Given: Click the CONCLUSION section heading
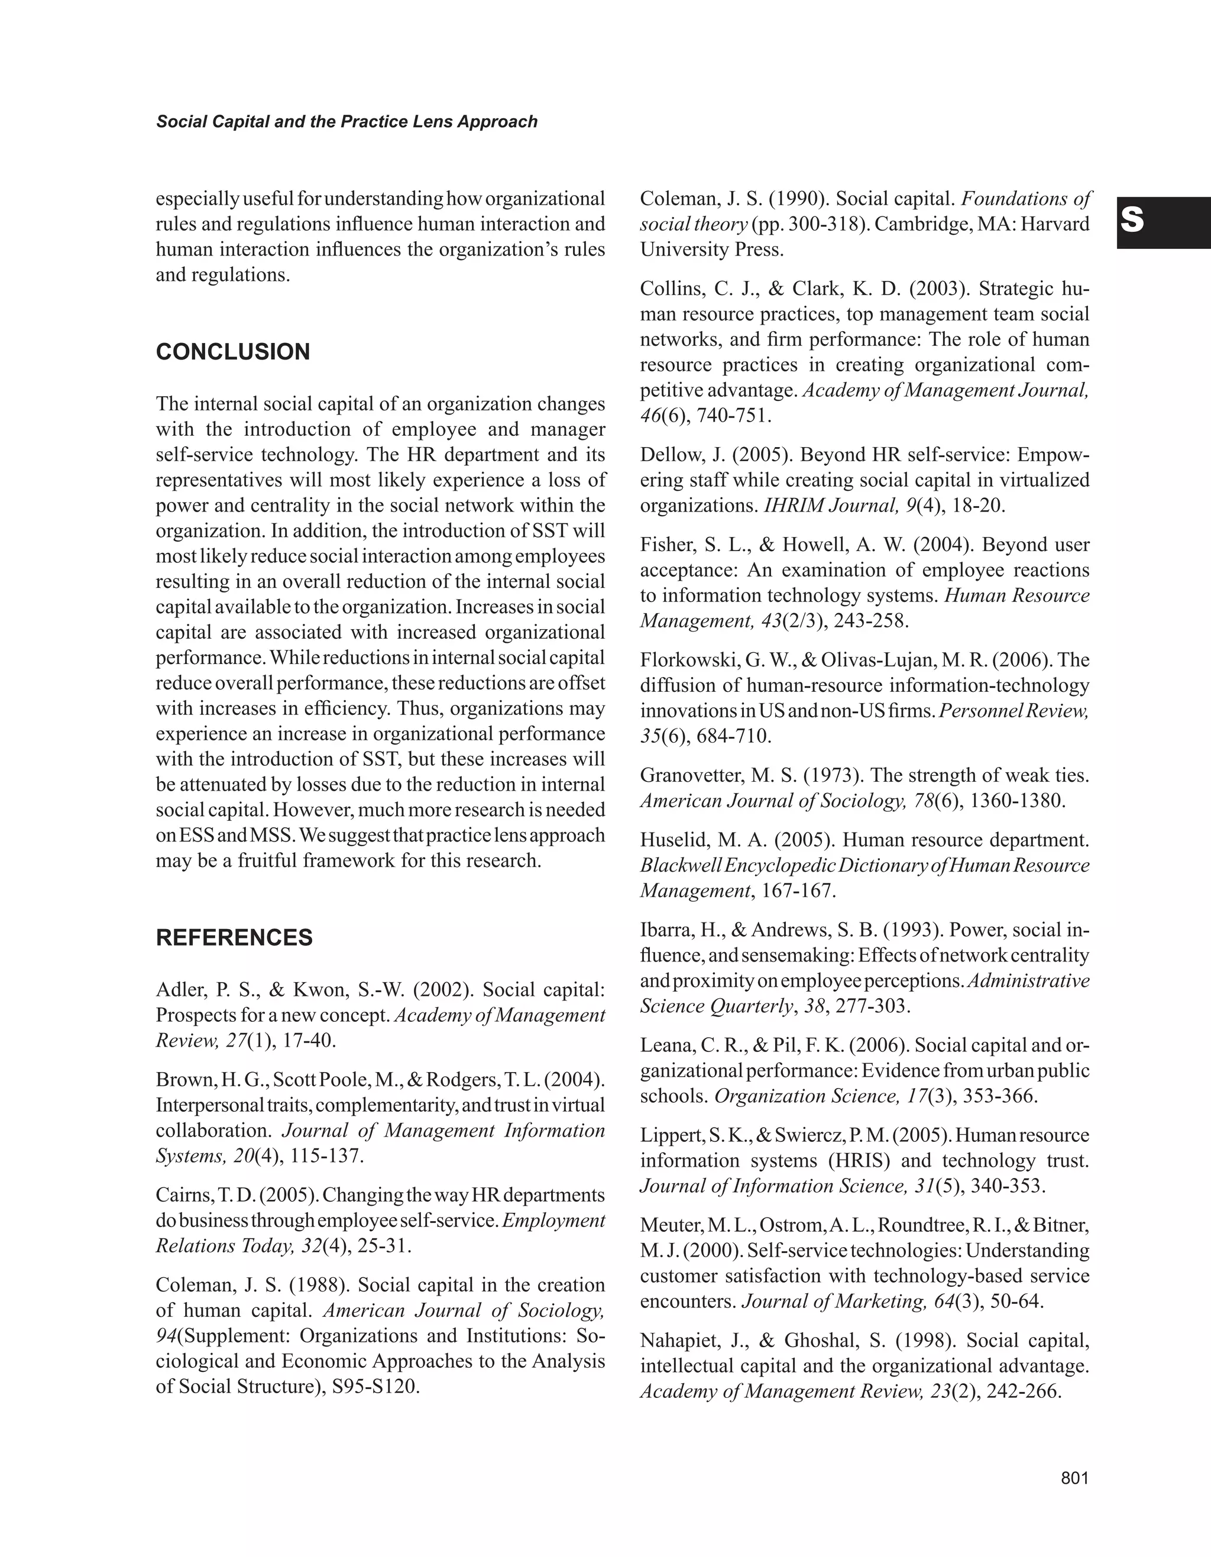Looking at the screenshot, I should point(233,352).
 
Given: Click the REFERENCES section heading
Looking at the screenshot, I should point(234,937).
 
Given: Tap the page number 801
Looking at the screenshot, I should point(1075,1478).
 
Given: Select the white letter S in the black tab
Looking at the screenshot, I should point(1132,221).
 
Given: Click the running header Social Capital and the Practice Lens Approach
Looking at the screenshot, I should point(347,122).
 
